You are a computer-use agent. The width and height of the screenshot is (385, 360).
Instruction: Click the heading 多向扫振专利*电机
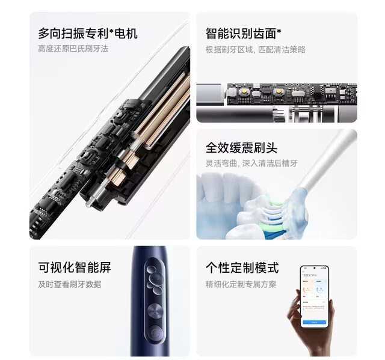(88, 34)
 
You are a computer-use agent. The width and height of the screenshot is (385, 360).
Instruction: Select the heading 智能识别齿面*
(243, 34)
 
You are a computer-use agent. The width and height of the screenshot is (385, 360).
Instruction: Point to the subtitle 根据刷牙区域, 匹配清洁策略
(255, 49)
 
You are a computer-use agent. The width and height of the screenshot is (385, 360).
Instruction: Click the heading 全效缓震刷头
(241, 148)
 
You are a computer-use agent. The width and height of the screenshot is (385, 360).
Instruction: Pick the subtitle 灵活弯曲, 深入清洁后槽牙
(251, 163)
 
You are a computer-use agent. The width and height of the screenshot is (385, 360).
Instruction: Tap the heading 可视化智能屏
(75, 268)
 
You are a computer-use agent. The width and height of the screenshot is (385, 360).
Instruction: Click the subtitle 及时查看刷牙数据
(70, 284)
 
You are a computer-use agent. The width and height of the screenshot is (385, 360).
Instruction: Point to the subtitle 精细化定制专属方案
(241, 284)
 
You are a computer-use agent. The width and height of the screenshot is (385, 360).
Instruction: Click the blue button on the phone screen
(314, 322)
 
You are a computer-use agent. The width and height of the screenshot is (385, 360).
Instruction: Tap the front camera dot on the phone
(315, 268)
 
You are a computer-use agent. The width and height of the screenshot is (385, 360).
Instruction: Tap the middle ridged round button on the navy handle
(155, 311)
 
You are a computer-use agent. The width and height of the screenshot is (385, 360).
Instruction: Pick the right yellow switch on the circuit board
(279, 91)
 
